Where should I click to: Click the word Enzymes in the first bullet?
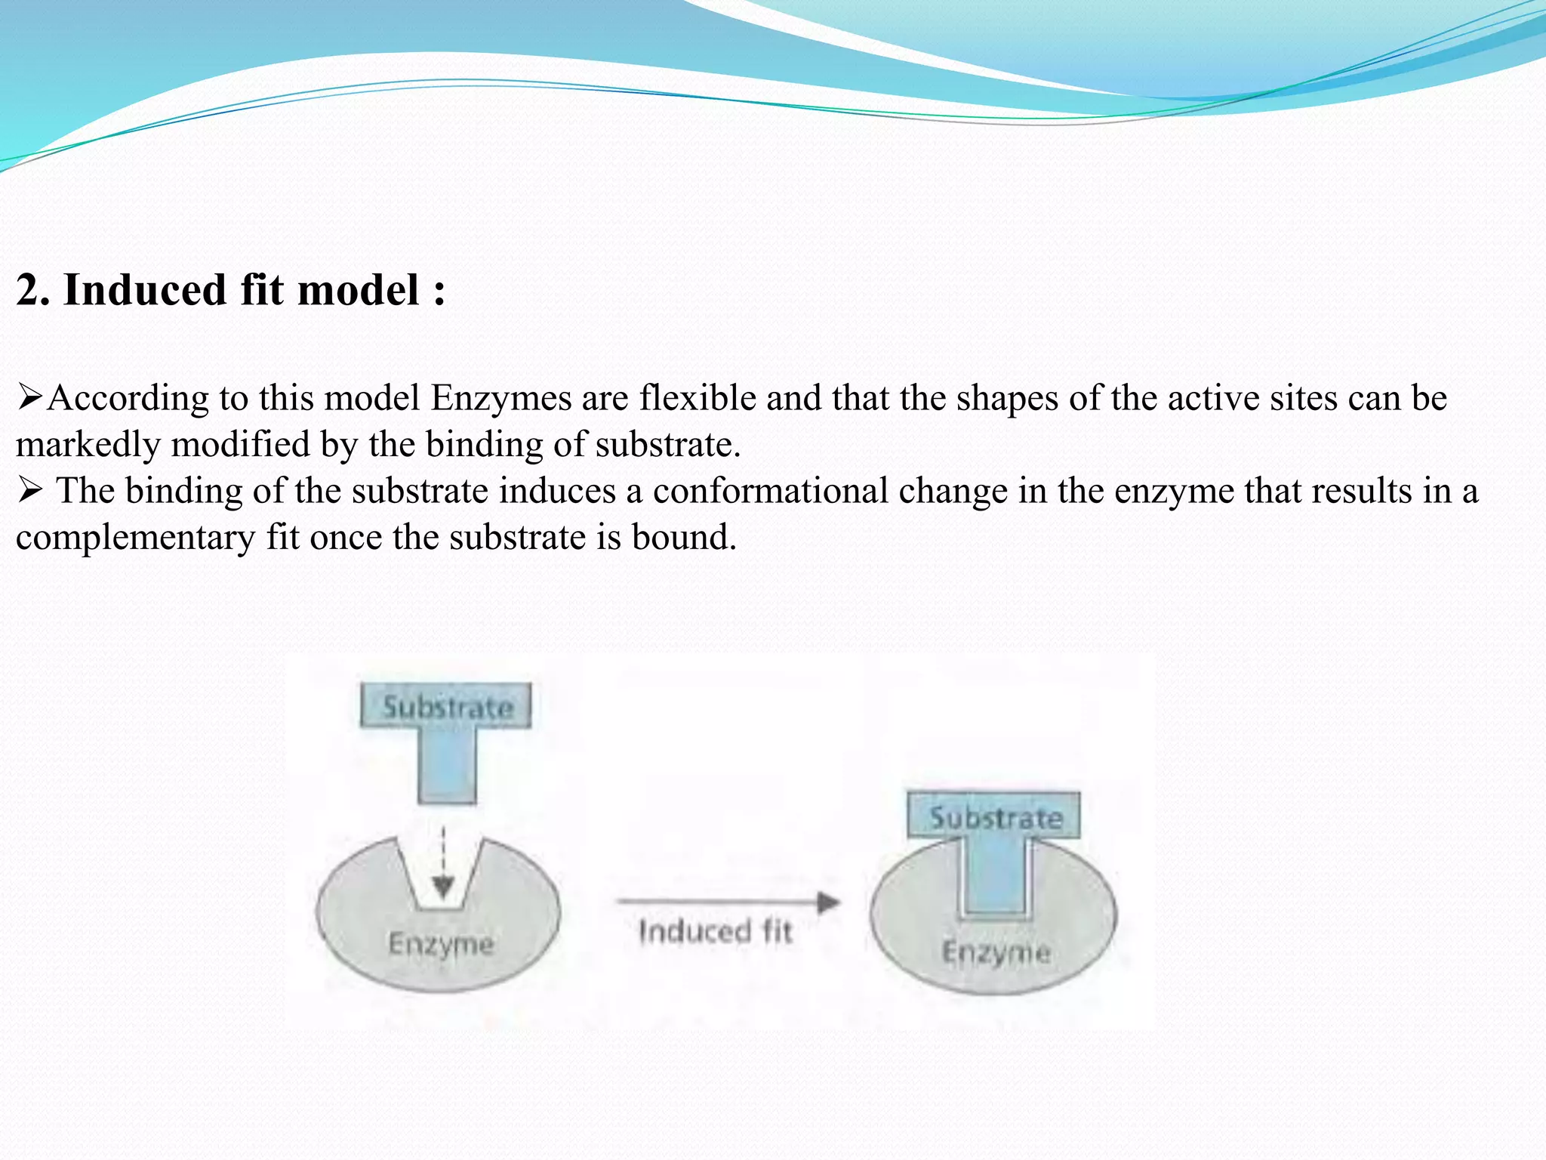click(x=501, y=398)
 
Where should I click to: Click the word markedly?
click(x=88, y=445)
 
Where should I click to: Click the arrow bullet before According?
click(x=30, y=396)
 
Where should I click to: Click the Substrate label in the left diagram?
click(x=447, y=707)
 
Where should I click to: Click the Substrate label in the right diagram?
click(x=995, y=817)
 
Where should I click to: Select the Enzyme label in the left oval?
click(x=441, y=944)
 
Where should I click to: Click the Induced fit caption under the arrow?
click(x=714, y=932)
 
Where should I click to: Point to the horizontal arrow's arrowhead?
click(x=829, y=902)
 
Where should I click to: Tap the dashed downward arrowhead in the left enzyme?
click(x=443, y=887)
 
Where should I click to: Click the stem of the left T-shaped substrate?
click(x=447, y=764)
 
